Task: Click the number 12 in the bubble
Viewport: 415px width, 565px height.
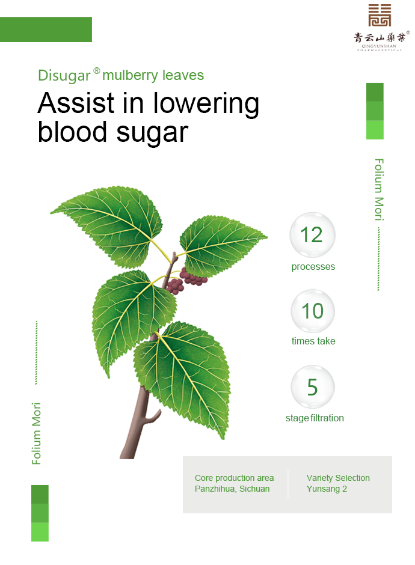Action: pos(312,235)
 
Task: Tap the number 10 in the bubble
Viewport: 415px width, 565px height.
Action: pos(313,311)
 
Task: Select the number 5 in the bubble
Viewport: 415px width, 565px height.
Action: pos(312,387)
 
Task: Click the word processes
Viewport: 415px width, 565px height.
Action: pos(313,267)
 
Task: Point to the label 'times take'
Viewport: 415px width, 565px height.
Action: pos(313,341)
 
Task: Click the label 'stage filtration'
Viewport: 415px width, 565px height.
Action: pos(315,418)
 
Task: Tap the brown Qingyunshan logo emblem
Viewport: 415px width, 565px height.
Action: pos(380,15)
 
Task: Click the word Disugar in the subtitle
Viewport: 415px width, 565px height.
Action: pos(64,76)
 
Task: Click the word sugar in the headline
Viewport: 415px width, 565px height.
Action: pos(152,133)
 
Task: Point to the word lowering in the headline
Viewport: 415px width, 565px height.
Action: pos(206,105)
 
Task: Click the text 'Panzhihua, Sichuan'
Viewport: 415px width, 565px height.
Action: pos(232,489)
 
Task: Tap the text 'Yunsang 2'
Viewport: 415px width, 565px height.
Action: pos(327,489)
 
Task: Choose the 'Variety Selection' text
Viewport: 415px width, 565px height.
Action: pos(338,478)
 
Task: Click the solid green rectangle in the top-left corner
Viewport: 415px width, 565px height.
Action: pos(46,29)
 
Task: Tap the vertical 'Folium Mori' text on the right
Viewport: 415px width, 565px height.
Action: pos(379,189)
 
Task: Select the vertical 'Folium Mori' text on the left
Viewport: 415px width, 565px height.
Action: pos(37,433)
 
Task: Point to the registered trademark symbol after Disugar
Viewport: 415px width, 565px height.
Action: pos(97,71)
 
